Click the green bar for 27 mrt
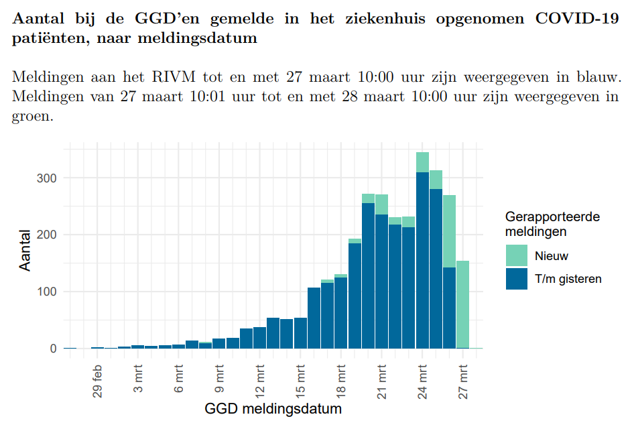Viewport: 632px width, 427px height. pyautogui.click(x=462, y=304)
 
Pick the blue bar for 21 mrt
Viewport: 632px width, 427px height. pyautogui.click(x=381, y=282)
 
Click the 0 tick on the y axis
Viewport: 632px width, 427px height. pyautogui.click(x=54, y=349)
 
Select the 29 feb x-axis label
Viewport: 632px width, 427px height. pyautogui.click(x=98, y=380)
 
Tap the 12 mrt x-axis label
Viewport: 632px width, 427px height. pyautogui.click(x=260, y=380)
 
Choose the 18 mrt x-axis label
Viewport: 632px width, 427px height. pyautogui.click(x=341, y=380)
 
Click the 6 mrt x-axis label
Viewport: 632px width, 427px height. pyautogui.click(x=179, y=380)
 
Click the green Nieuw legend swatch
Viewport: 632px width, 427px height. pyautogui.click(x=517, y=255)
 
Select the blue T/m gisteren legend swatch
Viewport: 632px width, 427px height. pyautogui.click(x=517, y=279)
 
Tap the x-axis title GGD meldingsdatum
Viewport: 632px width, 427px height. pyautogui.click(x=273, y=408)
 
